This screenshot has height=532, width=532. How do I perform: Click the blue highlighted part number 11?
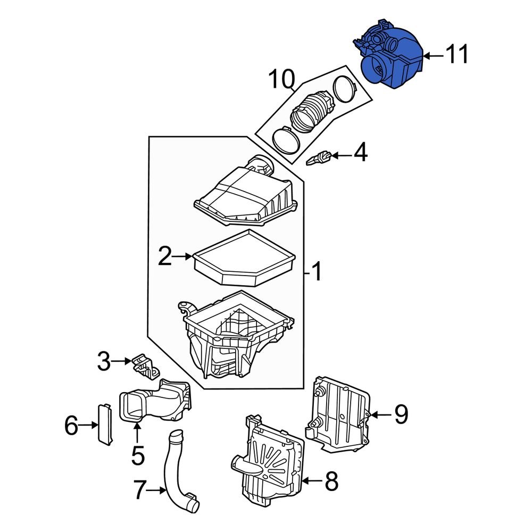pyautogui.click(x=390, y=59)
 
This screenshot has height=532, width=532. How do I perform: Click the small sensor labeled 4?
pyautogui.click(x=320, y=157)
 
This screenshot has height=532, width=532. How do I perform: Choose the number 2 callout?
pyautogui.click(x=165, y=257)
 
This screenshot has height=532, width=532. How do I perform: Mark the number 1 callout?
pyautogui.click(x=316, y=273)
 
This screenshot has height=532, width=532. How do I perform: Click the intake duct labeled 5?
pyautogui.click(x=154, y=404)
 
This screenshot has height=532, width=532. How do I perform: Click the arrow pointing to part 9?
pyautogui.click(x=379, y=414)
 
